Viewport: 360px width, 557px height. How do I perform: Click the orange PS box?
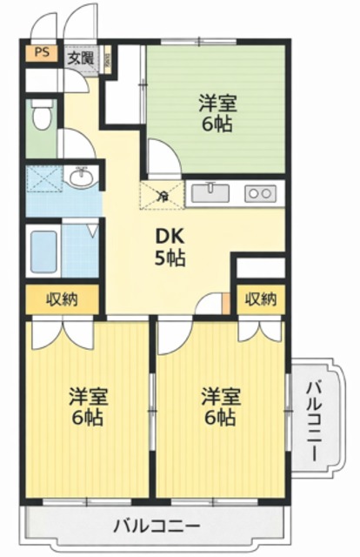pyautogui.click(x=40, y=52)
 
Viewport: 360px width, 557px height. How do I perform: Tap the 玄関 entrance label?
pyautogui.click(x=81, y=59)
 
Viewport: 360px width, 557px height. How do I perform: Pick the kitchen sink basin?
pyautogui.click(x=210, y=191)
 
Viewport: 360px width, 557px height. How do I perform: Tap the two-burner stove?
pyautogui.click(x=259, y=192)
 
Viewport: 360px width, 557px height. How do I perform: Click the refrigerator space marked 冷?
pyautogui.click(x=161, y=195)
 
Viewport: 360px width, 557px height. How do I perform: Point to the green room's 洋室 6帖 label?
pyautogui.click(x=217, y=112)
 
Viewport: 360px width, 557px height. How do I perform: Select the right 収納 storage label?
pyautogui.click(x=260, y=299)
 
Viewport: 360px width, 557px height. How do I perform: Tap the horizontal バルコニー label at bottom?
pyautogui.click(x=157, y=526)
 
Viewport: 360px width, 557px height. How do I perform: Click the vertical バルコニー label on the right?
pyautogui.click(x=314, y=410)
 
